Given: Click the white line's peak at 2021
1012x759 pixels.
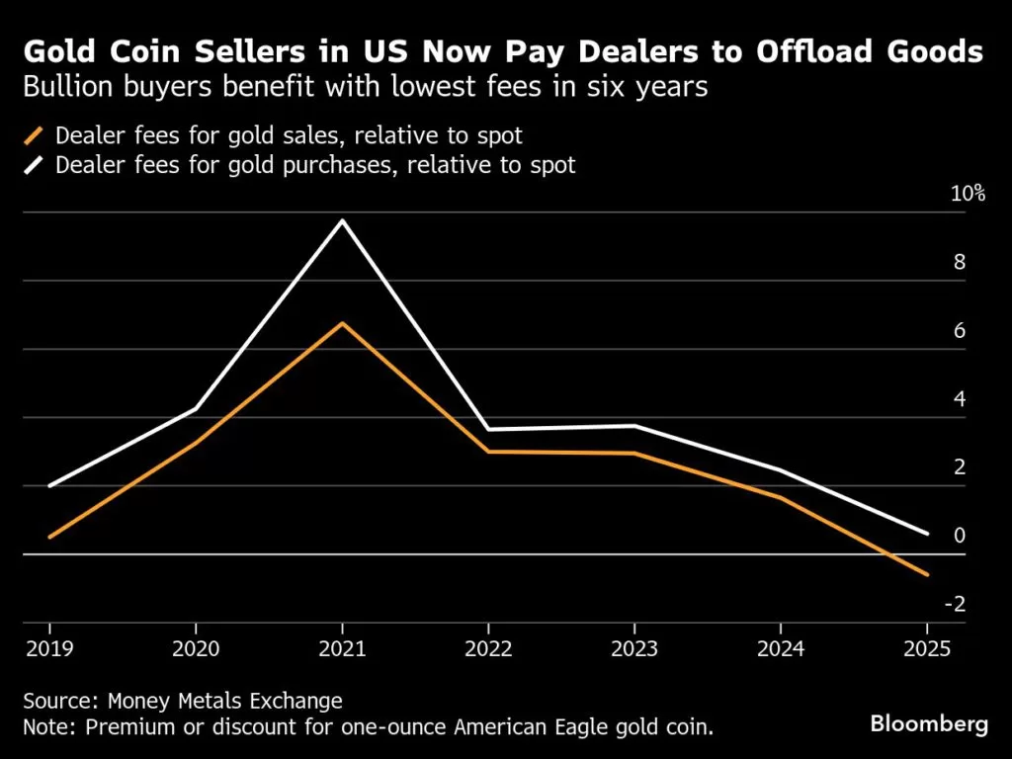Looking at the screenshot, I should [342, 220].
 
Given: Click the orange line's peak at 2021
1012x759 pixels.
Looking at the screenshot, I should [342, 323].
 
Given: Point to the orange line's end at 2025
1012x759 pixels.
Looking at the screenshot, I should [927, 574].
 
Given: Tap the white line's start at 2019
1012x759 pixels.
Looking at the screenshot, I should [49, 486].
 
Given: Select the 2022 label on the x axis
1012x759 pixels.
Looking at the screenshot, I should [488, 649].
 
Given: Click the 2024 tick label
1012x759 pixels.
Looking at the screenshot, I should [781, 649].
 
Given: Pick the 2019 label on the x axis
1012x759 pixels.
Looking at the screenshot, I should [49, 649].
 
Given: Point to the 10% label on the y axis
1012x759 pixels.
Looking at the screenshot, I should [968, 194].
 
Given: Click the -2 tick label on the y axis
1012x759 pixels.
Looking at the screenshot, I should [957, 605].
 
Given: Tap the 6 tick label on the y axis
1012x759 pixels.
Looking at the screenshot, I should [959, 331].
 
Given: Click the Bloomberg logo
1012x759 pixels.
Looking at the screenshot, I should [929, 724].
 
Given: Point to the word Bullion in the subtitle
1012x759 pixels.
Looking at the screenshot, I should [61, 87].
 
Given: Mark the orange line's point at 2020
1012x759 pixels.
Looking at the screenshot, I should [196, 442].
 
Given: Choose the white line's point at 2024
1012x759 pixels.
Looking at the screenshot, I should [781, 470].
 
